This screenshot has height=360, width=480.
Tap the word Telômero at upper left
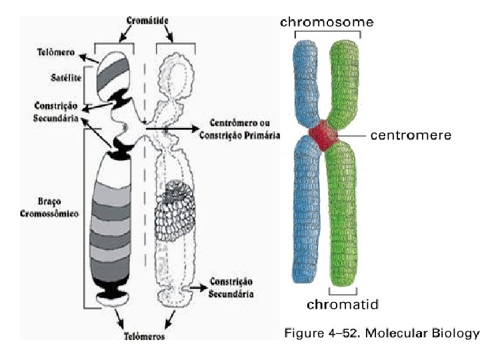click(x=56, y=52)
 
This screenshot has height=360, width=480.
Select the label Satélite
click(x=65, y=77)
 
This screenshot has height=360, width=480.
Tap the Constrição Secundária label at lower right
click(x=231, y=287)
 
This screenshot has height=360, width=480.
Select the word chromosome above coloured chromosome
click(x=326, y=22)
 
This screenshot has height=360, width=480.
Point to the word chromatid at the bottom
click(x=343, y=305)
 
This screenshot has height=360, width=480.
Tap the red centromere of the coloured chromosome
click(x=323, y=136)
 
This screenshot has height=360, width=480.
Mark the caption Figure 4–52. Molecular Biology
click(x=382, y=331)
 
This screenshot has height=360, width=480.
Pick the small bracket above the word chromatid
click(x=343, y=291)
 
